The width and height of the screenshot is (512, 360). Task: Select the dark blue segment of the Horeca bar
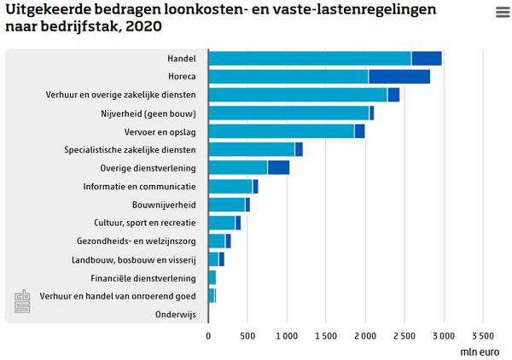coord(399,76)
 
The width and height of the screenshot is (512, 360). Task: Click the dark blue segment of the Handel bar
coord(426,58)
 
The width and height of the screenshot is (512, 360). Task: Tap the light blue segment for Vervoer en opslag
coord(281,131)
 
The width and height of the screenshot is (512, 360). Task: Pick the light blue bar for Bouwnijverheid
coord(226,205)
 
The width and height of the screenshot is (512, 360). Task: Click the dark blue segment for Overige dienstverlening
coord(278,167)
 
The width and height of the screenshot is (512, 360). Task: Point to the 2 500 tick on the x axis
coord(405,335)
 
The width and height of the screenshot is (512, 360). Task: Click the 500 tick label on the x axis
coord(247,335)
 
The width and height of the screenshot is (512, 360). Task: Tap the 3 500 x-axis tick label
coord(483,335)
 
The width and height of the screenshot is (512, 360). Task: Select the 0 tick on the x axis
coord(209,335)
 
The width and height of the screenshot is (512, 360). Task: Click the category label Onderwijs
coord(175,315)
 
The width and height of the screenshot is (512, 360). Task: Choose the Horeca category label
coord(181,76)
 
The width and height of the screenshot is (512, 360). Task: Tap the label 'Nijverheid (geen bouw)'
coord(148,113)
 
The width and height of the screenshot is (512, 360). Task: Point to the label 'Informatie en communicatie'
coord(139,186)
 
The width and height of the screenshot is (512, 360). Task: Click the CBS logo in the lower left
coord(22,300)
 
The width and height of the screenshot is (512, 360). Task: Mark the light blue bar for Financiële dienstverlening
coord(212,278)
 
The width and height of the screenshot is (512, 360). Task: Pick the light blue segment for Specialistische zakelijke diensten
coord(252,149)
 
